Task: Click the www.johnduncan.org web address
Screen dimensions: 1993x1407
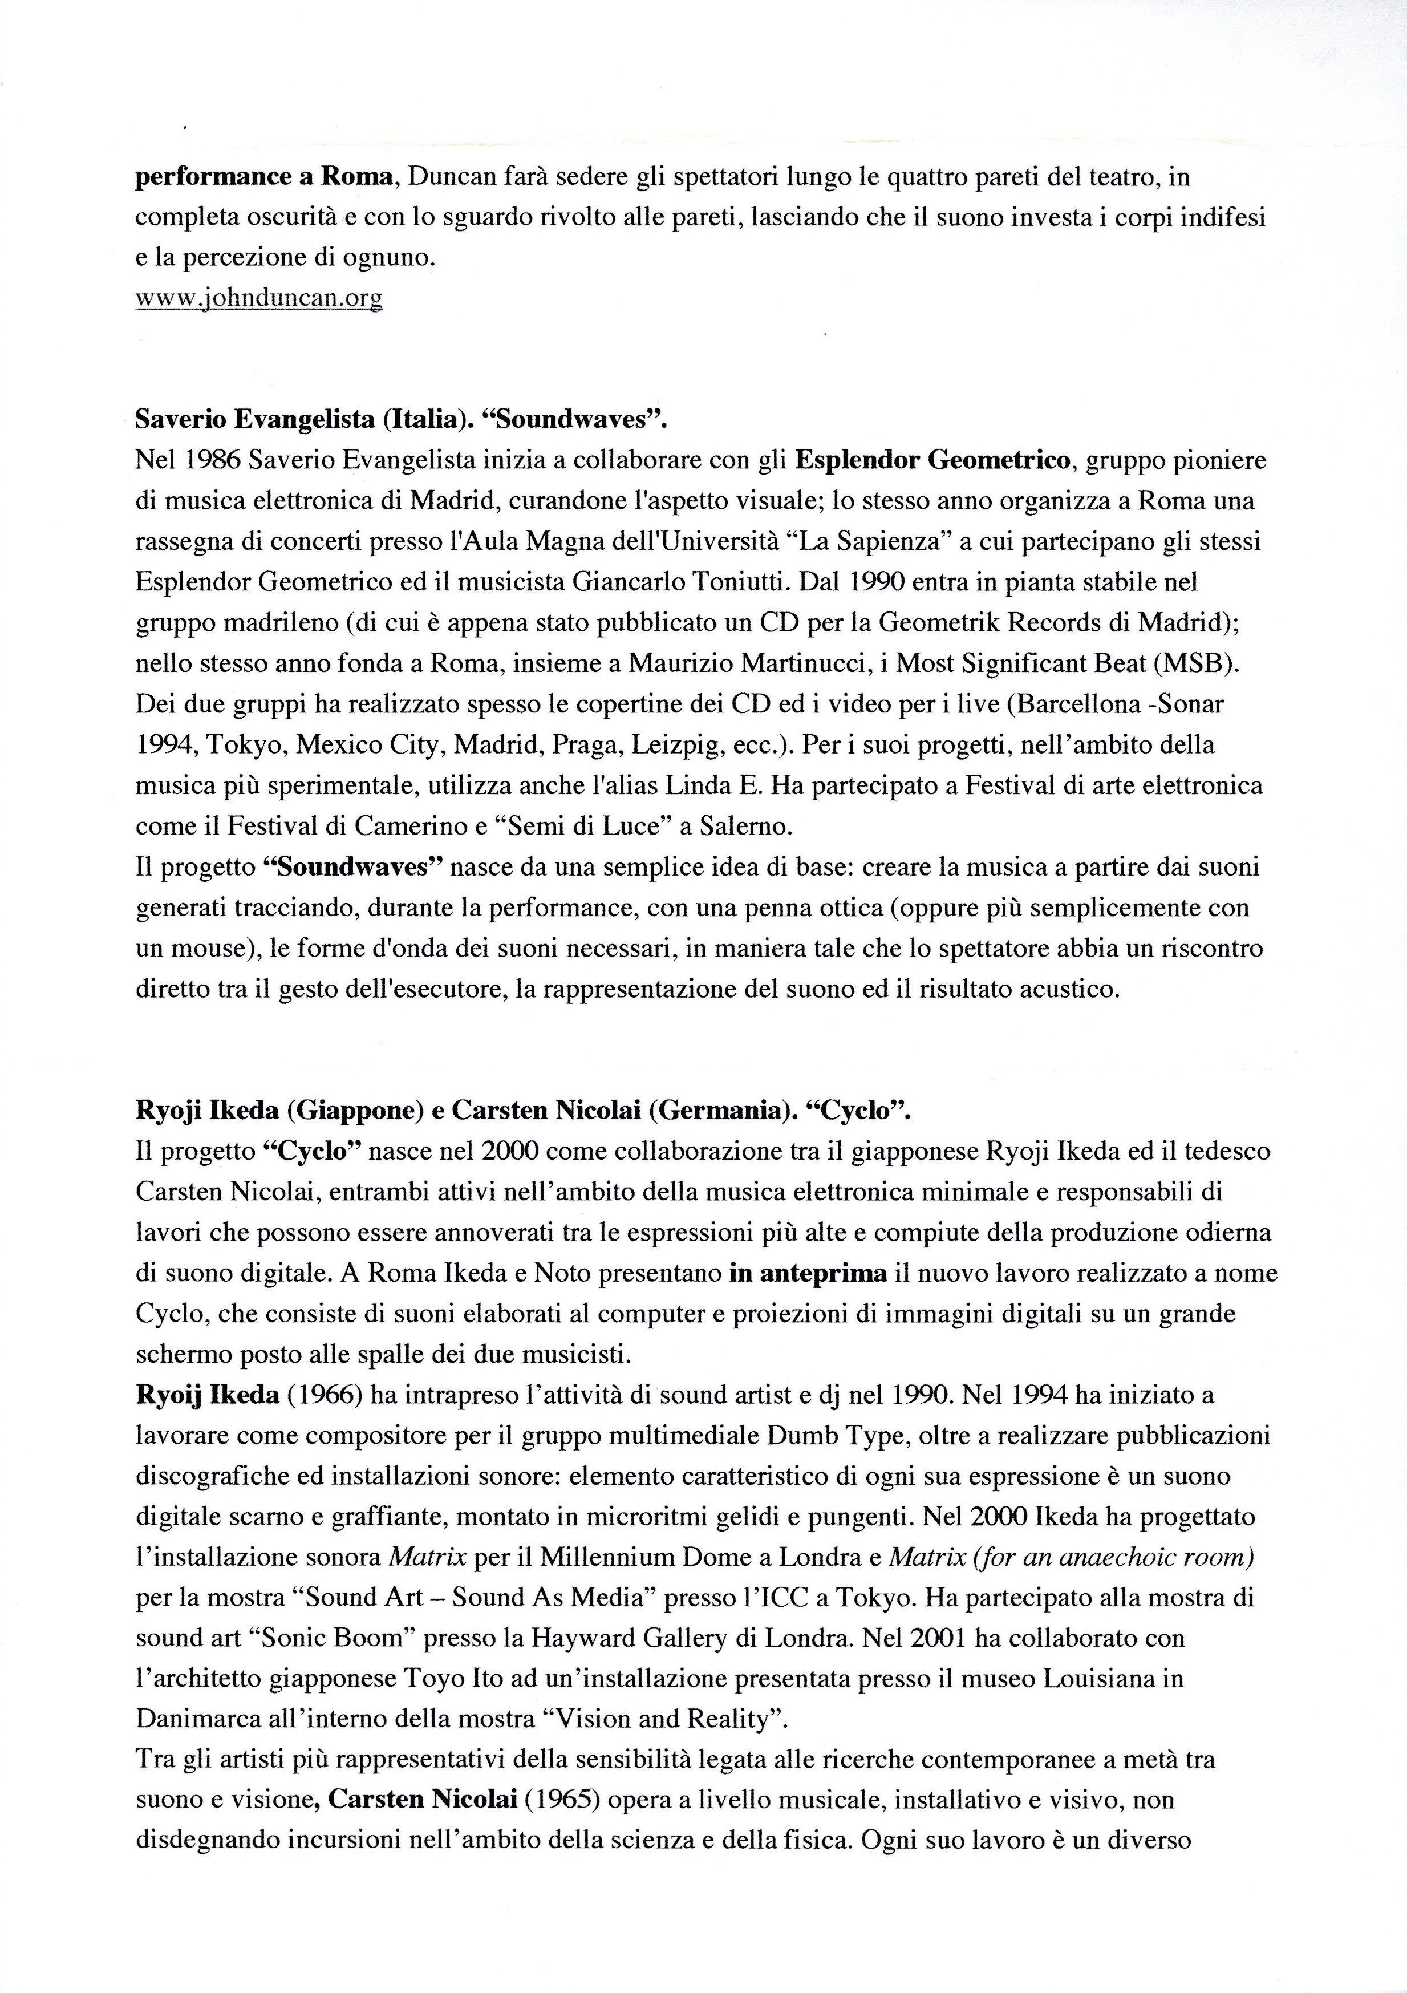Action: (259, 298)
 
